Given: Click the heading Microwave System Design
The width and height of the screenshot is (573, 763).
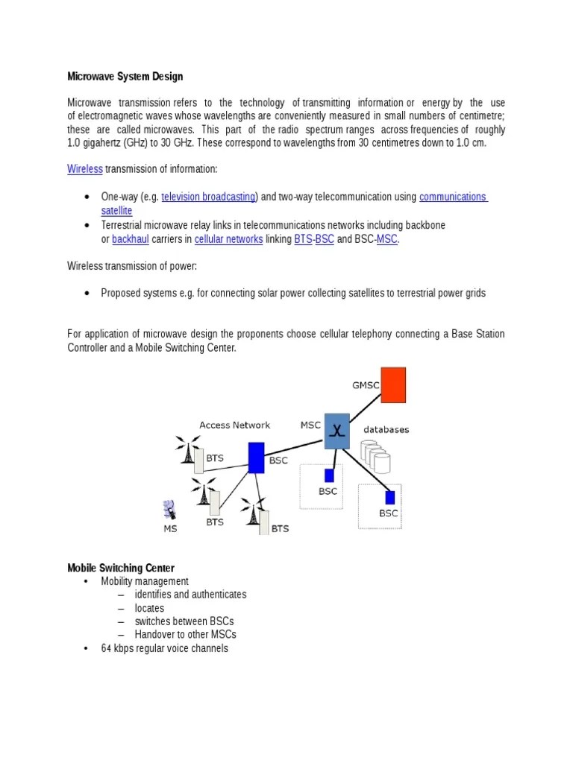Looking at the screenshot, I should tap(125, 76).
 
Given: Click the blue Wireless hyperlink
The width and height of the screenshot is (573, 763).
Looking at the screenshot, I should tap(84, 169).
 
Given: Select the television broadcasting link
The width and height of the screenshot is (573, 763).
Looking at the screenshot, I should tap(209, 197).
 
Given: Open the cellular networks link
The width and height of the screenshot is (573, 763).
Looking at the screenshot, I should tap(228, 239).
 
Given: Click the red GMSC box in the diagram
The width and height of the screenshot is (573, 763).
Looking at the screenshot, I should tap(393, 384).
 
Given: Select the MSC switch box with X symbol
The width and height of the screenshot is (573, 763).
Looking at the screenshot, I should tap(336, 431).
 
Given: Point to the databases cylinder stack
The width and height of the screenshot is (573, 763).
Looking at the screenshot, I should tap(375, 456).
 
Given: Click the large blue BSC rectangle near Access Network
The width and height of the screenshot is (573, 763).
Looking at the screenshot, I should tap(256, 458).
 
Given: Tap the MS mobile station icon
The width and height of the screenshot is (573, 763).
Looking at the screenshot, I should tap(170, 510).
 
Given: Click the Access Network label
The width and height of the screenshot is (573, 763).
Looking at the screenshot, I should tap(234, 425).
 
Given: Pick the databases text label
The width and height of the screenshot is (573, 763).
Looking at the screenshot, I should tap(386, 430).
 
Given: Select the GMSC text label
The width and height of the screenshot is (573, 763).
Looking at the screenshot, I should tap(365, 385).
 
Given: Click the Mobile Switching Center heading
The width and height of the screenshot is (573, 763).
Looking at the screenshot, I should tap(121, 568).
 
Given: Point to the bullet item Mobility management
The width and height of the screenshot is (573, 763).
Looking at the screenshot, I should tap(145, 581).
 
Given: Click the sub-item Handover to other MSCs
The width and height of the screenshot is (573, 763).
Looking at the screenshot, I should tap(185, 635).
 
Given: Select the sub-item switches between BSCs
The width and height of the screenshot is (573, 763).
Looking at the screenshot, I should tap(184, 621).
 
